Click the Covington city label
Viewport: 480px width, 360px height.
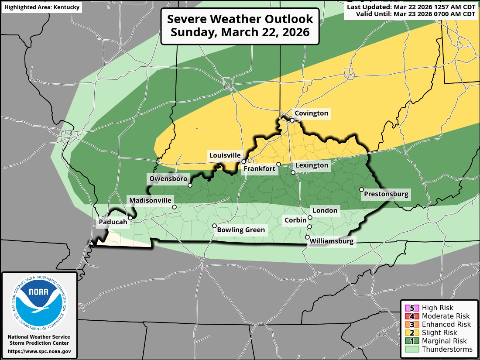311,113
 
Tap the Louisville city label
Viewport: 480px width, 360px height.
225,155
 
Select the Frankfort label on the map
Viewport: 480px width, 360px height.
259,168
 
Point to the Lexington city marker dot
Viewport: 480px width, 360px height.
293,172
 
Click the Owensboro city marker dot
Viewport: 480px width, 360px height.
190,185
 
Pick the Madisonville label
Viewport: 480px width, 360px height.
150,200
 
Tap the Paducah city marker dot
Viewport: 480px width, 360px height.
130,218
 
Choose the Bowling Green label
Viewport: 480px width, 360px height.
241,230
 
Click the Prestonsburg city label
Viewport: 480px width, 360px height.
386,194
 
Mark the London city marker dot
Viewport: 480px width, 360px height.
310,217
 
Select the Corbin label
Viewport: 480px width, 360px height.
295,220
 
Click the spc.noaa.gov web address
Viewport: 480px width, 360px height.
39,351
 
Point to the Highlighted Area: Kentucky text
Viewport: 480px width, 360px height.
41,7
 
